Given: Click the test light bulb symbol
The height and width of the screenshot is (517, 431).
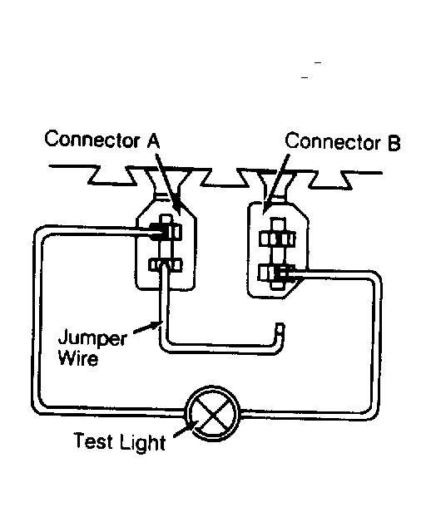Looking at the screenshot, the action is (x=213, y=413).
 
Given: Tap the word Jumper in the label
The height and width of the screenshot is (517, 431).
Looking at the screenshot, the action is (x=92, y=337).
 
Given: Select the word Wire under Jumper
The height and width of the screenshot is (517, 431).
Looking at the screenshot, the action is (x=78, y=357).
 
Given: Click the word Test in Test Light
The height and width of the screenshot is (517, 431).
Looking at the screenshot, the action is (x=93, y=441).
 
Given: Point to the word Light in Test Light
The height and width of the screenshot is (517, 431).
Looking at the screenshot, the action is (x=142, y=443).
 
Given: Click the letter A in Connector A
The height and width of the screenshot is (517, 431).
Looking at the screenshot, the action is (x=153, y=141).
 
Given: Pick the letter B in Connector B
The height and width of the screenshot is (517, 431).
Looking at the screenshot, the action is (x=394, y=143).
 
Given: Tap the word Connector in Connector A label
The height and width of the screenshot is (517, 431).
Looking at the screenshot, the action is (x=92, y=139).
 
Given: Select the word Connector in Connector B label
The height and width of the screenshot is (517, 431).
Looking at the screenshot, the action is (x=333, y=141).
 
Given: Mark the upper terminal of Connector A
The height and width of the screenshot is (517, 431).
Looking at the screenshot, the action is (x=166, y=231).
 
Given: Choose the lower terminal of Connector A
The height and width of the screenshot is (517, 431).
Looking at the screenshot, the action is (x=165, y=265).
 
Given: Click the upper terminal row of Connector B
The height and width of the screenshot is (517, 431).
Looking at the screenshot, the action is (x=277, y=239).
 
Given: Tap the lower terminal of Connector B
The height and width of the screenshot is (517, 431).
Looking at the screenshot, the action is (x=276, y=273).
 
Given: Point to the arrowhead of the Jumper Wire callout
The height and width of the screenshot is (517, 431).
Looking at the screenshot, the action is (x=155, y=326).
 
